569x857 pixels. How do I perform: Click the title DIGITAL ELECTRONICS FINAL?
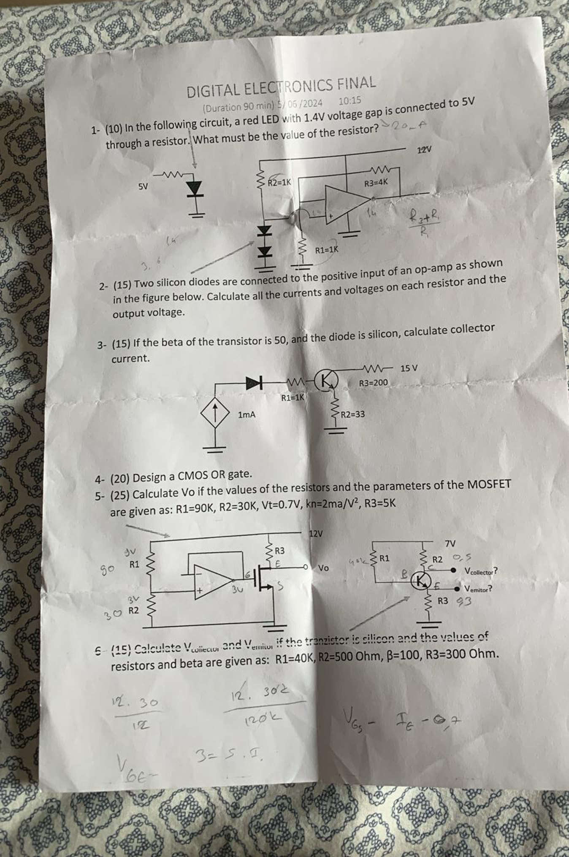(281, 86)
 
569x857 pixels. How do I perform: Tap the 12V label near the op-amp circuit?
(424, 149)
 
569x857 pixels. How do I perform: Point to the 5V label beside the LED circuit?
(144, 186)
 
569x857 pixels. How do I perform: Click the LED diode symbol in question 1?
(195, 190)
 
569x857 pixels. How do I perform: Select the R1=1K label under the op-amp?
(327, 250)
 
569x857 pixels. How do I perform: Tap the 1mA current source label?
(247, 415)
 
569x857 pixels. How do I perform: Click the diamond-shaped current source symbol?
(215, 414)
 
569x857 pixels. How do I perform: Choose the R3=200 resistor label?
(373, 383)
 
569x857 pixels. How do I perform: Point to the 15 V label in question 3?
(409, 368)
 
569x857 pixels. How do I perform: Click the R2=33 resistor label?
(352, 414)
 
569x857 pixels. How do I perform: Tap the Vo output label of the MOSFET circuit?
(323, 568)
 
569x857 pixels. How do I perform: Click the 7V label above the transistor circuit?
(450, 543)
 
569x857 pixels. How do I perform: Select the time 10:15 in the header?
(350, 100)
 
